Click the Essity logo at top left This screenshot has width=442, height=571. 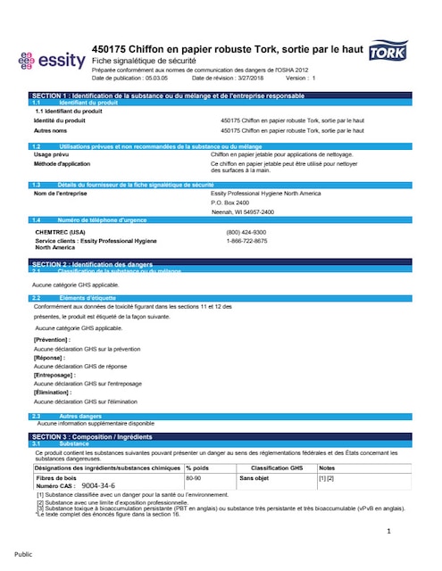pyautogui.click(x=51, y=62)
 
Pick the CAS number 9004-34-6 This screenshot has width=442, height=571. pyautogui.click(x=98, y=485)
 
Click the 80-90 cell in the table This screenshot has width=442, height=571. pyautogui.click(x=193, y=478)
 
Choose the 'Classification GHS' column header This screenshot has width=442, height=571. pyautogui.click(x=277, y=468)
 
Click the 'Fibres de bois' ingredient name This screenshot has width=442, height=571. pyautogui.click(x=55, y=478)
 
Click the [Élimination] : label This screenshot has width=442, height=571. pyautogui.click(x=53, y=393)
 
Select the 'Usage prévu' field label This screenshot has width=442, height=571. pyautogui.click(x=53, y=154)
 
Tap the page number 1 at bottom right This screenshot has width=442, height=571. pyautogui.click(x=389, y=532)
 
